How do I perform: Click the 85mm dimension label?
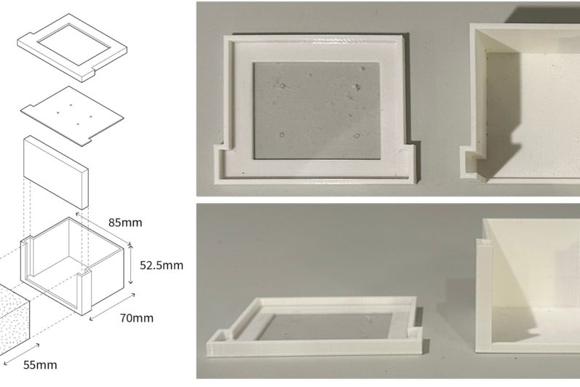coord(125,223)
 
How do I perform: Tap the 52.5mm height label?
coord(162,266)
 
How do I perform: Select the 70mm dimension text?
coord(137,318)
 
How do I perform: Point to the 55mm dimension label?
coord(40,365)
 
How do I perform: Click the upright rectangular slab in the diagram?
coord(55,172)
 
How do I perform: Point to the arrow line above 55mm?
coord(21,354)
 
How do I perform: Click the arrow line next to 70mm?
coord(113,306)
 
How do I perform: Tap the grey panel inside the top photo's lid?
coord(317,111)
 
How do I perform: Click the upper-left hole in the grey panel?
coord(283,86)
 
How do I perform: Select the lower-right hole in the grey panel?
coord(357,136)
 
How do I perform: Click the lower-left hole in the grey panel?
coord(282,135)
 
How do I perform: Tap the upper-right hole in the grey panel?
coord(358,87)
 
